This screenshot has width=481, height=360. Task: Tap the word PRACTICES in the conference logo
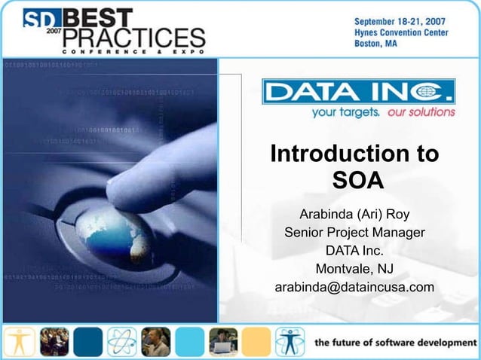tap(135, 36)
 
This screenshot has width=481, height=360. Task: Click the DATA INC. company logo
tap(359, 92)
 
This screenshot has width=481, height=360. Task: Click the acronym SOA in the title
tap(357, 181)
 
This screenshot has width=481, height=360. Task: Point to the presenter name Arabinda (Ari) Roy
tap(354, 214)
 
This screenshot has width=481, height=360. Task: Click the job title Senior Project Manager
tap(354, 232)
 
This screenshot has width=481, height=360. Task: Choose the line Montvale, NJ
tap(354, 269)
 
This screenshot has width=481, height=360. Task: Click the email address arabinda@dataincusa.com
tap(354, 288)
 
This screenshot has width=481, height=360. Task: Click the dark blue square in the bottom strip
tap(88, 342)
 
